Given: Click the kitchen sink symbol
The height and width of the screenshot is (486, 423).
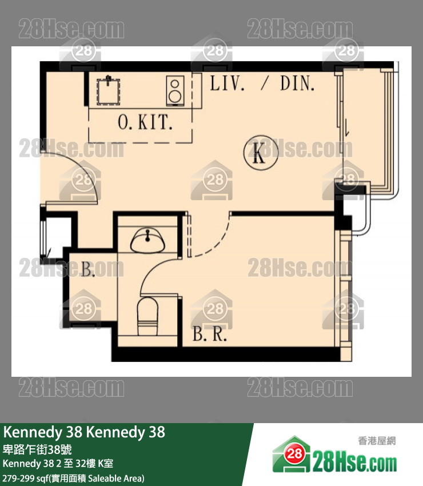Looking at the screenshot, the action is point(108,90).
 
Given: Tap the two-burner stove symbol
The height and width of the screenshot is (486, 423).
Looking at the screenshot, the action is point(175,91).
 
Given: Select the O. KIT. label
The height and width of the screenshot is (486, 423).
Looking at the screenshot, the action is point(145,122).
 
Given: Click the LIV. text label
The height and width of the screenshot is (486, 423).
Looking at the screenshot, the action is point(227,83).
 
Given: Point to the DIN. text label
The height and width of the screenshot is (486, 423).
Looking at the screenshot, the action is point(297,83).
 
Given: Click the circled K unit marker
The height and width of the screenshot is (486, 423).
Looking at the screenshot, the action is point(261,153).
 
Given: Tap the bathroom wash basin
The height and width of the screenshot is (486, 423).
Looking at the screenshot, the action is point(148,240).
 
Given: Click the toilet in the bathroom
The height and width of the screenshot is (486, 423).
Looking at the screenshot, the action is point(147,316).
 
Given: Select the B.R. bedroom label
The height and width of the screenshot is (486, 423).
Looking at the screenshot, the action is point(209,334).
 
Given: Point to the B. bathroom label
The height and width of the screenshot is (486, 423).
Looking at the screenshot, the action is point(88,269).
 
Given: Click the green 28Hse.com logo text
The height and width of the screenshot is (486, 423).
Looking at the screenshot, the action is point(354,463).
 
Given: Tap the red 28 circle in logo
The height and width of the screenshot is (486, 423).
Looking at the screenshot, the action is point(294,454).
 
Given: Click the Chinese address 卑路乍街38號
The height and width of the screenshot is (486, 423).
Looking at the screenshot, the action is point(37,449).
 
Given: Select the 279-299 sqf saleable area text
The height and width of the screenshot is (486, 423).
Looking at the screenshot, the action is point(73,478).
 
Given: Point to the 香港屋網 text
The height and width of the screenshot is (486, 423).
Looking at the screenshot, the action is point(377,440).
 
